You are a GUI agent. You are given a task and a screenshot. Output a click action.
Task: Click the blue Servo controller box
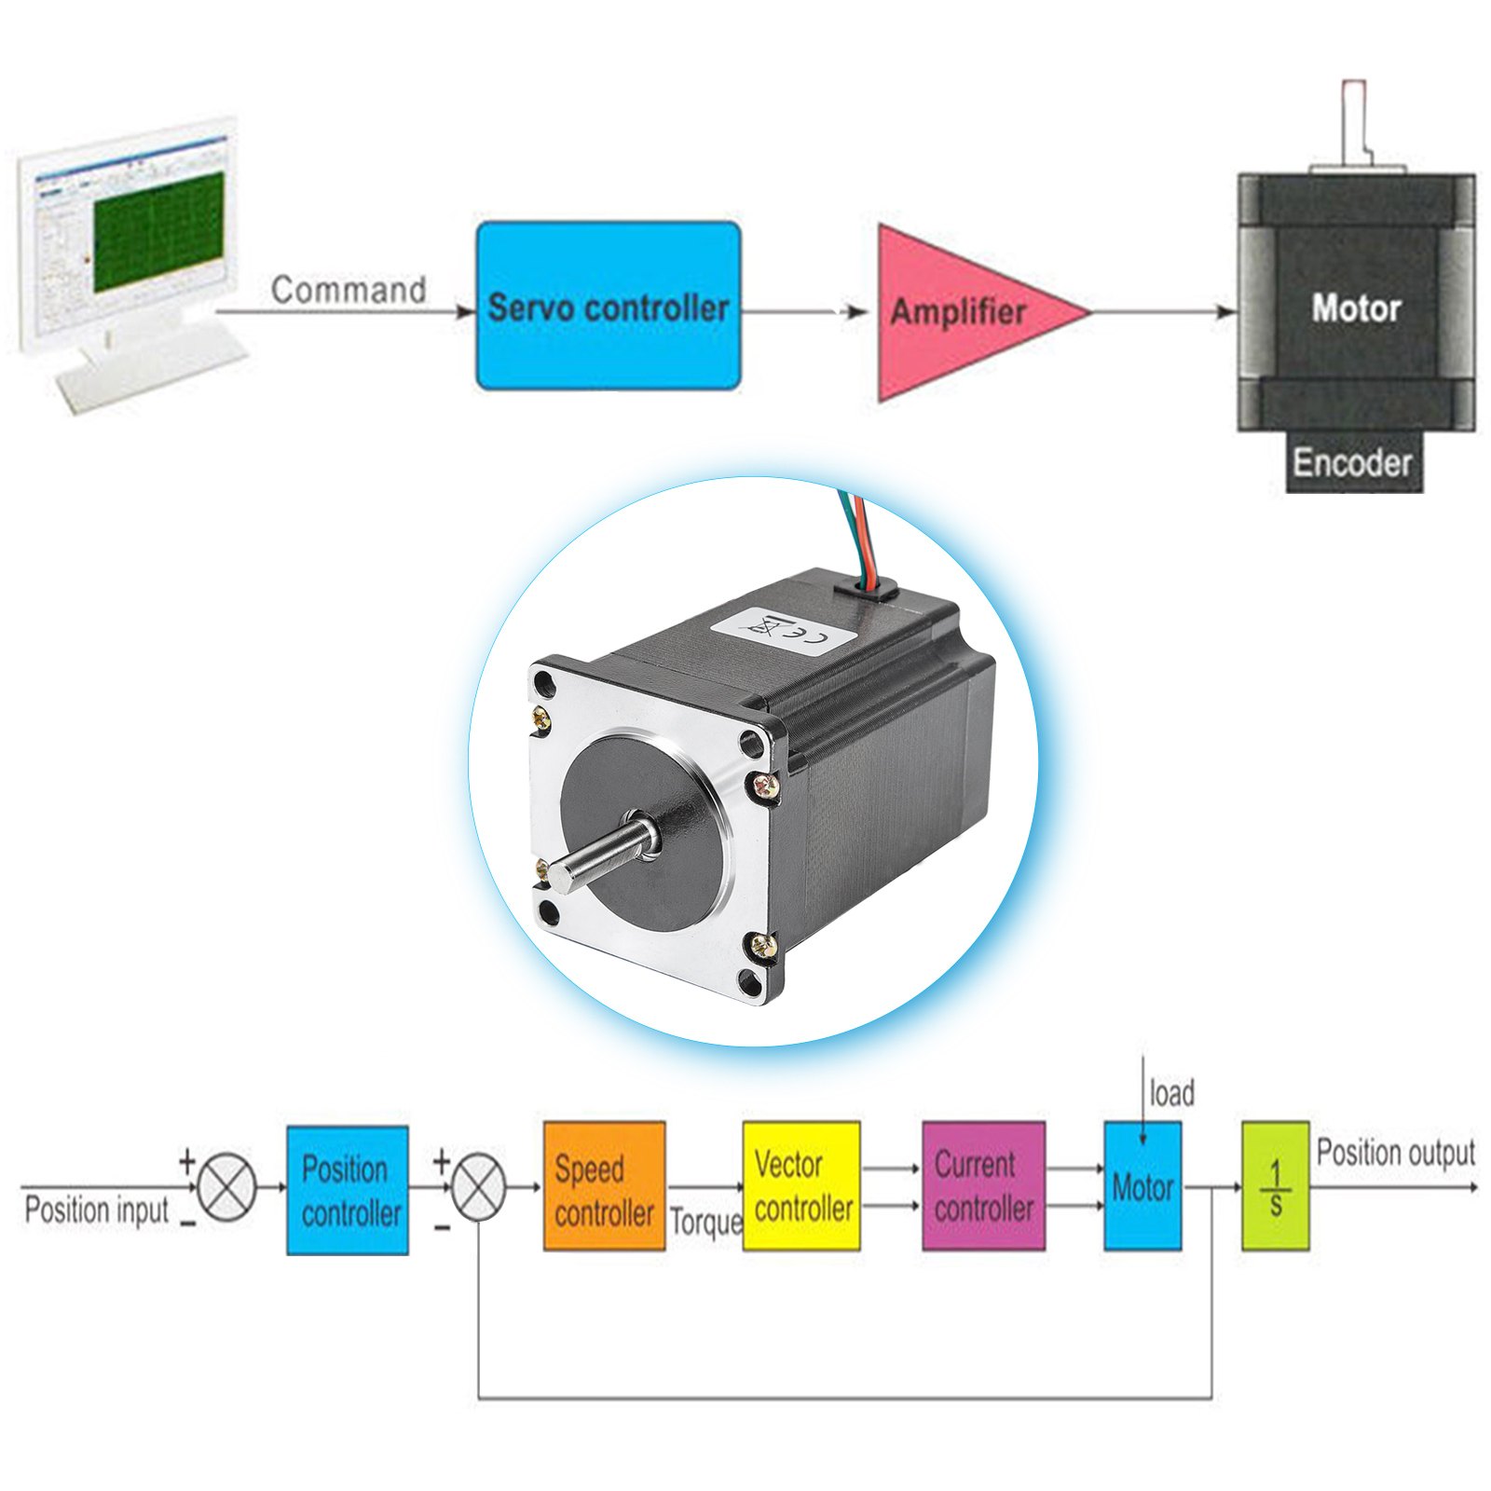(608, 306)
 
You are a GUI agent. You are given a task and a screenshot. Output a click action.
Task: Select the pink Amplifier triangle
(960, 312)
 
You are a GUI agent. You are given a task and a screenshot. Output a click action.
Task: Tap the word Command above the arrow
(349, 290)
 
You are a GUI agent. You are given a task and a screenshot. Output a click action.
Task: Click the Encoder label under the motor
(1352, 462)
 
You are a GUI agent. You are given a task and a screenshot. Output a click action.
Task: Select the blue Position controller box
(348, 1190)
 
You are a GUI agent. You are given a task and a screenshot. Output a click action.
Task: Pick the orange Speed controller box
(604, 1186)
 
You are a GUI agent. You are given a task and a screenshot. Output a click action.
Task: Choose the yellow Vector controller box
(800, 1185)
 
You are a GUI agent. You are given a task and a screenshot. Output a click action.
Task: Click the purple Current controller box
(983, 1185)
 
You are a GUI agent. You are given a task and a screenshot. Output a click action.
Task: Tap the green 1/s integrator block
(1275, 1186)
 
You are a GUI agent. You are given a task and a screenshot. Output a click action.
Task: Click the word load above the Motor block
(1171, 1093)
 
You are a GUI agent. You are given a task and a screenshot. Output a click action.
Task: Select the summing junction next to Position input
(227, 1186)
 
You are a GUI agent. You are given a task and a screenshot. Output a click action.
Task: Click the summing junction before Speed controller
(479, 1186)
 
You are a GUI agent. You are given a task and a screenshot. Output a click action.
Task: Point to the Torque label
(705, 1221)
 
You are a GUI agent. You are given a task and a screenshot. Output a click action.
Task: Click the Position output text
(1395, 1153)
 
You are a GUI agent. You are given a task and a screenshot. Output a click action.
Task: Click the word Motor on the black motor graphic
(1356, 308)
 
